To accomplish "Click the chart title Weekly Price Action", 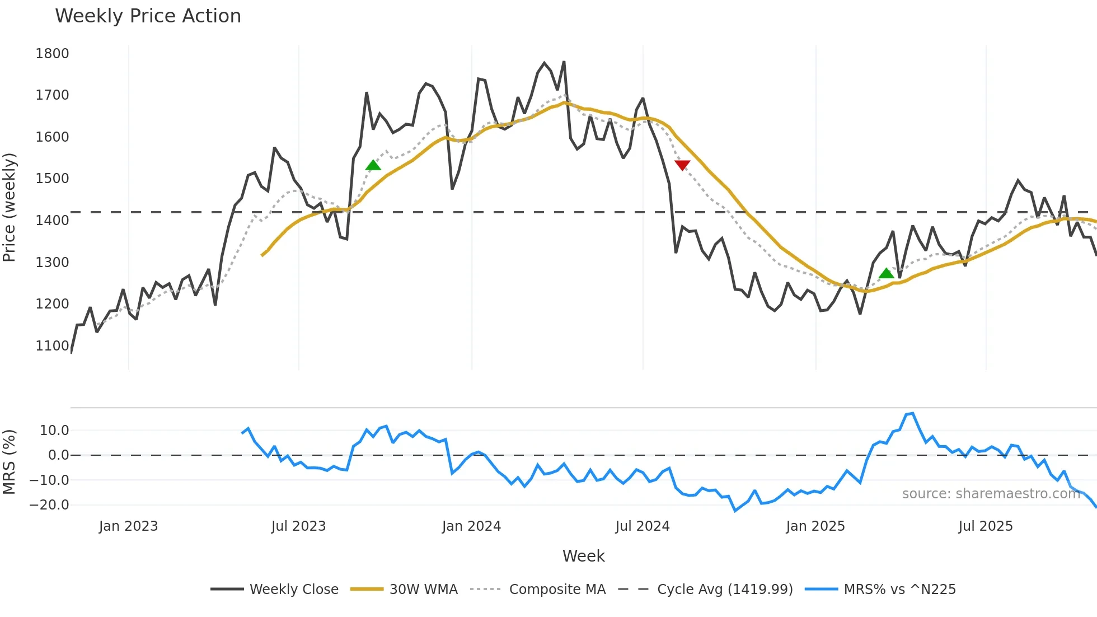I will click(x=148, y=16).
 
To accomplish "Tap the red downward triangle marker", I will click(x=682, y=165).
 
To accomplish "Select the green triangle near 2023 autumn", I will click(x=373, y=165).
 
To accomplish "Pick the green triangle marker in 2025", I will click(x=887, y=273).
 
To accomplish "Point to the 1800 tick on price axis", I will click(x=52, y=54).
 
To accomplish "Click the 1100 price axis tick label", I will click(x=52, y=346).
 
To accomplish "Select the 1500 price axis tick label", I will click(x=52, y=179).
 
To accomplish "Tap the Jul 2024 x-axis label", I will click(x=642, y=526).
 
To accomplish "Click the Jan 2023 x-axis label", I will click(x=128, y=526).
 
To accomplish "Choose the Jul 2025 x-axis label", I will click(x=985, y=526).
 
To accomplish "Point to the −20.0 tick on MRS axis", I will click(x=49, y=505).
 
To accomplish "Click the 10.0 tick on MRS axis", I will click(x=54, y=431).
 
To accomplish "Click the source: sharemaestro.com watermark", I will click(x=991, y=494).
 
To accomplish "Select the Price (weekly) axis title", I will click(x=10, y=207).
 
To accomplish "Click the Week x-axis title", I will click(x=583, y=556).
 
